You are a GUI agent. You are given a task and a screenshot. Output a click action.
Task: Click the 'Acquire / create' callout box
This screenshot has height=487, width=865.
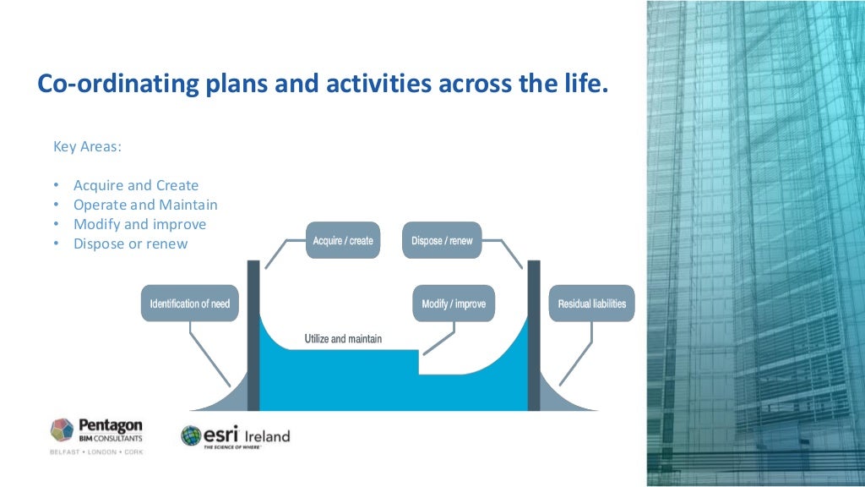[342, 241]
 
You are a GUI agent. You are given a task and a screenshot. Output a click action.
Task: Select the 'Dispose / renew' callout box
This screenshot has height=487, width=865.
[442, 241]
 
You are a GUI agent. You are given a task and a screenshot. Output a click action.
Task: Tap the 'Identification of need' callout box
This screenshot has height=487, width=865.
[189, 304]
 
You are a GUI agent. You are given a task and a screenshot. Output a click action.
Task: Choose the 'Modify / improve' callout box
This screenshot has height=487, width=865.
[454, 304]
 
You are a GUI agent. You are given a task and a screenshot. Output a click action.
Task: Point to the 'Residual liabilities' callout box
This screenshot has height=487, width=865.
[591, 304]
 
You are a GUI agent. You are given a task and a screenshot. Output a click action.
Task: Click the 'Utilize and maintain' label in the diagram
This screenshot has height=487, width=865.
[343, 339]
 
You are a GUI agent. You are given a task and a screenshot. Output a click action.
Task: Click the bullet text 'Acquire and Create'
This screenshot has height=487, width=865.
[136, 185]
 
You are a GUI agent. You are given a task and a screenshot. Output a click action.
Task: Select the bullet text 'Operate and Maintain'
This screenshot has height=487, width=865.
[145, 205]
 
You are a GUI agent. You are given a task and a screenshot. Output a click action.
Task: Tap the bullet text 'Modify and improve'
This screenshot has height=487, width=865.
[139, 224]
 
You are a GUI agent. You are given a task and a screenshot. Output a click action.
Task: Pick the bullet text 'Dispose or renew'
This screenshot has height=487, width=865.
[130, 243]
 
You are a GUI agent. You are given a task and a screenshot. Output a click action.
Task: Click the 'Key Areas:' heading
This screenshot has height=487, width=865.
[87, 146]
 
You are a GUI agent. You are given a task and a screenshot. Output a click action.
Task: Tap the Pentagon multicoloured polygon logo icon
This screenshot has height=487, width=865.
[63, 430]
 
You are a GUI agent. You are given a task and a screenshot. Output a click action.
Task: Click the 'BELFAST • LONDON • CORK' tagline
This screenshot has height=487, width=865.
[96, 452]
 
